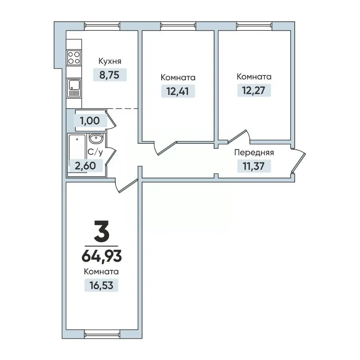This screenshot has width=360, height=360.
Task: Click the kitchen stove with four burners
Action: [x=74, y=58]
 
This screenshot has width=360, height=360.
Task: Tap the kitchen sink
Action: [x=74, y=88]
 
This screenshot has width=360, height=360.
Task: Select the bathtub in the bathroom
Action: [x=77, y=153]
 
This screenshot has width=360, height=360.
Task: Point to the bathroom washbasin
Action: [x=96, y=138]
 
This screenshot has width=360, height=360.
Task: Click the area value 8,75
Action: [x=109, y=75]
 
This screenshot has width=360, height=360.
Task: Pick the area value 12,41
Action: [x=178, y=91]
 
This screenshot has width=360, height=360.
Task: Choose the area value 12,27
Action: [x=254, y=90]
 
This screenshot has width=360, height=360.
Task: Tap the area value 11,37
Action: [x=254, y=166]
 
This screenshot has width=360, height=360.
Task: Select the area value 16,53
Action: [x=101, y=285]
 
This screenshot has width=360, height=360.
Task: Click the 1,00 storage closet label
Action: [x=90, y=121]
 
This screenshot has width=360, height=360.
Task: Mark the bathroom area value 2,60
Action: [x=85, y=165]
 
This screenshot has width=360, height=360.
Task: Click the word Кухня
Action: [x=110, y=61]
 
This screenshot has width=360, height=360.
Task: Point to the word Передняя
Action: [x=254, y=153]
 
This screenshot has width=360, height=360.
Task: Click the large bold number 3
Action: [x=102, y=231]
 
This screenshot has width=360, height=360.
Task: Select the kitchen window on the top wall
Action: [x=102, y=26]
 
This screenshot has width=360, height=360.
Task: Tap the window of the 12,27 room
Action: [x=254, y=26]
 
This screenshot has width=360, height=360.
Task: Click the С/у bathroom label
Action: [x=95, y=152]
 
